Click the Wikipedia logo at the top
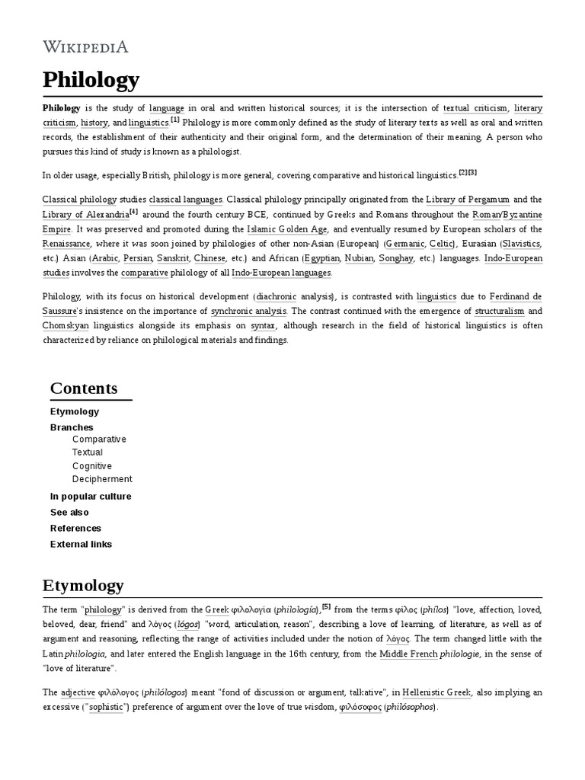point(85,46)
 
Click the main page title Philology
point(91,79)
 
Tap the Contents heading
point(84,388)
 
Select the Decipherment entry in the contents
point(102,479)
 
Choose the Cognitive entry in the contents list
point(91,466)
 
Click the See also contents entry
point(69,513)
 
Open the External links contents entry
point(81,545)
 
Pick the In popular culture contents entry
point(91,497)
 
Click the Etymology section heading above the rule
point(83,586)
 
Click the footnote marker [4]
point(134,211)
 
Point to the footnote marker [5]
point(326,606)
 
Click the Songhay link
point(395,258)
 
